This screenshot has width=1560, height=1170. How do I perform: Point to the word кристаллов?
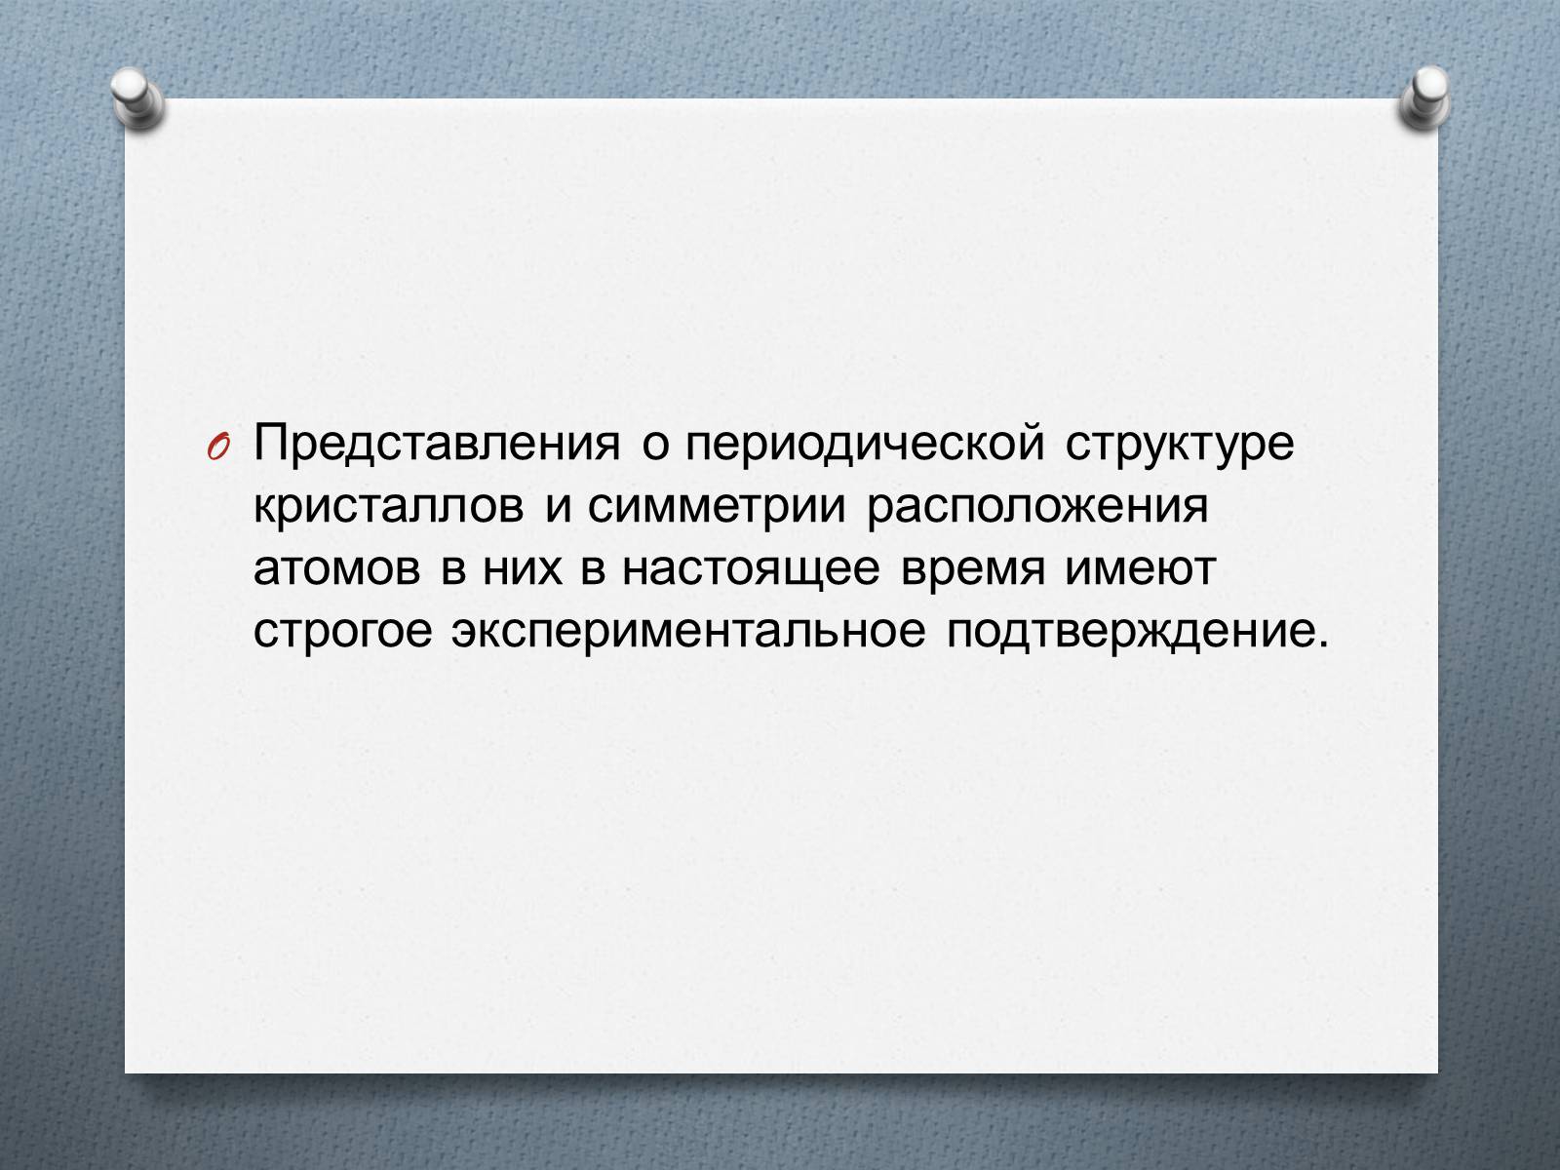point(389,507)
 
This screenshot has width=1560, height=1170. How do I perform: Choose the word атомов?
point(337,569)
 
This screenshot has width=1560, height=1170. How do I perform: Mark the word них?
point(523,569)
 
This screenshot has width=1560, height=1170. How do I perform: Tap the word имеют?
point(1141,569)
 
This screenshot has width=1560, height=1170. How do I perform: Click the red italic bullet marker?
point(217,447)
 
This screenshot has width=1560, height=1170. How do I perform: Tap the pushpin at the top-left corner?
point(137,98)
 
